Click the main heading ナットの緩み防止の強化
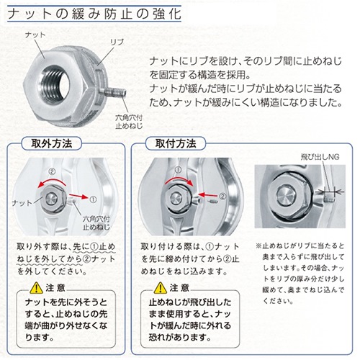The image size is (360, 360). (x=94, y=14)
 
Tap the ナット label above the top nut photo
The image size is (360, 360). (x=35, y=35)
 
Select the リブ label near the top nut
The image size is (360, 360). (x=117, y=42)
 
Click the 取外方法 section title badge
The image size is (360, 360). (x=52, y=143)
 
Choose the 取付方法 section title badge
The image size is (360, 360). (x=176, y=143)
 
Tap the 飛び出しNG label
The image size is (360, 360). (x=320, y=157)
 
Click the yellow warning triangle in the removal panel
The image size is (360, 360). (x=37, y=288)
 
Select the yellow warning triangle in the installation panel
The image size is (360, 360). (x=161, y=288)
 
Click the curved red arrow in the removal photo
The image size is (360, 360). (x=52, y=181)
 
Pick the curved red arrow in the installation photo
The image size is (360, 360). (x=179, y=180)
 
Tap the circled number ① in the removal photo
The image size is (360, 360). (x=93, y=199)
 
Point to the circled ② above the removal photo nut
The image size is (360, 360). (x=52, y=171)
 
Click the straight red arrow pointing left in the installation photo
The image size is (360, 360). (x=208, y=194)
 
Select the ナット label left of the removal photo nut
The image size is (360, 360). (x=22, y=203)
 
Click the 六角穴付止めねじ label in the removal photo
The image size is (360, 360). (x=96, y=223)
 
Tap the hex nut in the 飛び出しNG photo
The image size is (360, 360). (x=287, y=194)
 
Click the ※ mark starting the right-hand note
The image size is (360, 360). (x=258, y=246)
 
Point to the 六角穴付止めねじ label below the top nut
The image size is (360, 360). (x=129, y=122)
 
